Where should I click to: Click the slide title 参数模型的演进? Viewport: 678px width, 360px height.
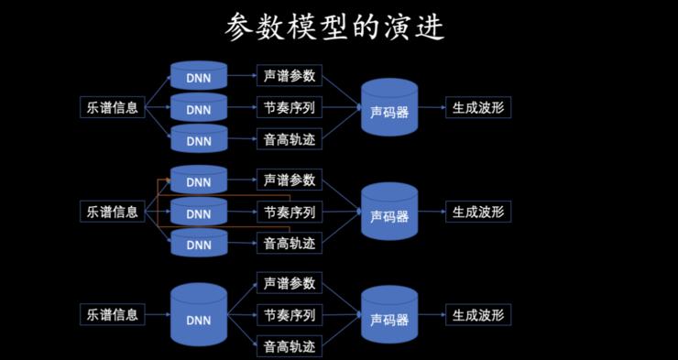(x=334, y=27)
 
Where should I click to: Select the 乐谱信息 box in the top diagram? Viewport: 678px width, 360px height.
(x=113, y=108)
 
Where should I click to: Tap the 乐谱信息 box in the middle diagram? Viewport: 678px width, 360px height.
(x=113, y=212)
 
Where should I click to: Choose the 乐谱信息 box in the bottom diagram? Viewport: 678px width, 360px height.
(x=113, y=315)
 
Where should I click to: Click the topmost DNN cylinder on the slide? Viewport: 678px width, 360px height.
(x=199, y=76)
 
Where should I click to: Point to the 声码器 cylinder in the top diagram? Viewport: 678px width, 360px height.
(x=389, y=110)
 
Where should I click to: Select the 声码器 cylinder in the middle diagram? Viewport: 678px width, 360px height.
(x=389, y=213)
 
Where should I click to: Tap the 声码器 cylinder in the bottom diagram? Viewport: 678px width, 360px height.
(x=389, y=316)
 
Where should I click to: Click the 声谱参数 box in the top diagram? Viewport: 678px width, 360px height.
(x=290, y=76)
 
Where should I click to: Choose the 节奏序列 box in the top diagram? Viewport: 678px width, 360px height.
(x=290, y=108)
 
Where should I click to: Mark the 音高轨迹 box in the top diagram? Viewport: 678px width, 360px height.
(x=290, y=140)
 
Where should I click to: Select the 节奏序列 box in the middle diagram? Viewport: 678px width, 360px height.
(x=290, y=212)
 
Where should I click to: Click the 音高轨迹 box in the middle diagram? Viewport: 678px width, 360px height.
(x=290, y=244)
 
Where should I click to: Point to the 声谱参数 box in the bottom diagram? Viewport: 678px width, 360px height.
(x=290, y=283)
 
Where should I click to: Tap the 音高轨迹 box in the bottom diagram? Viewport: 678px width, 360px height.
(x=290, y=347)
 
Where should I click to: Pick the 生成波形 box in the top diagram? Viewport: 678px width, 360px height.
(x=477, y=108)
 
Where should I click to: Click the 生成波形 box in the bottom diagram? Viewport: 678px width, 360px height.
(x=477, y=315)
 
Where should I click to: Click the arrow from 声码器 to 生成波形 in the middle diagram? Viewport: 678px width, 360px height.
(x=432, y=212)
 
